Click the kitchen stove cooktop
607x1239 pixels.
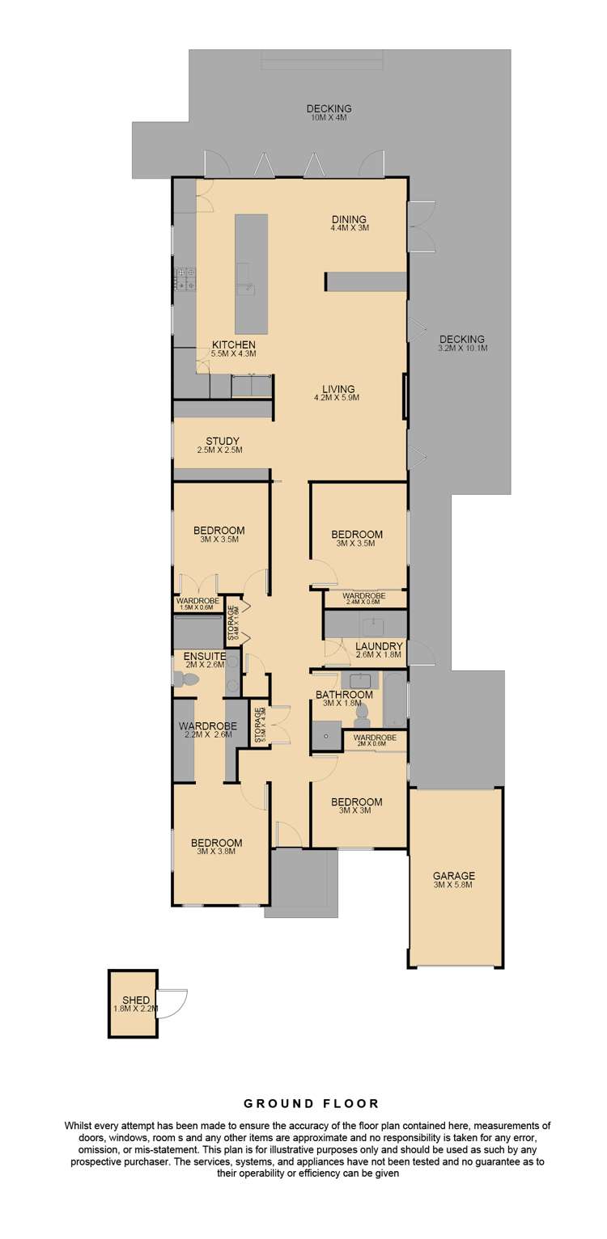click(x=185, y=279)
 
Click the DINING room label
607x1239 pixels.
click(x=349, y=218)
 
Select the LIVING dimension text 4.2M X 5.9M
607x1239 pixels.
click(x=336, y=398)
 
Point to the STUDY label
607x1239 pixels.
click(x=222, y=441)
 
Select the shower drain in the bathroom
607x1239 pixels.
click(x=326, y=737)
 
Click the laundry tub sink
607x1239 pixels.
click(x=374, y=625)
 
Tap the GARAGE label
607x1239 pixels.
click(x=453, y=875)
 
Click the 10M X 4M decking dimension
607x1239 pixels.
click(x=329, y=118)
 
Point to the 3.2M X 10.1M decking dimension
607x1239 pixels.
click(x=462, y=349)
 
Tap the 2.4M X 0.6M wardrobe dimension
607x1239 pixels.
click(x=362, y=602)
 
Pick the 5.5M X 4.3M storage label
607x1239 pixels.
click(x=259, y=726)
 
